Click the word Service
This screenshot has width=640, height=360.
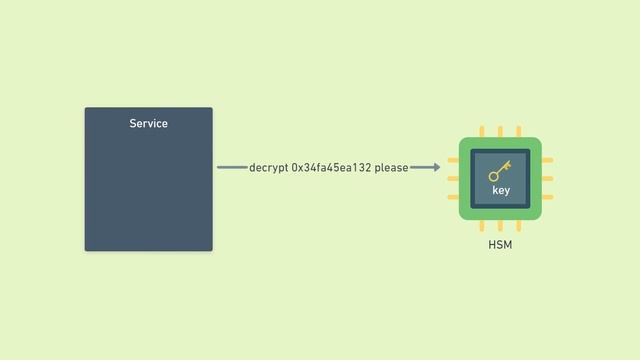148,124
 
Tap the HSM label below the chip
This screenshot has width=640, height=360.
500,245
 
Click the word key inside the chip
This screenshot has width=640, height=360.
500,190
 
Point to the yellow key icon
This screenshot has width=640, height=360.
500,171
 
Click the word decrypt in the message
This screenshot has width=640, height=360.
269,168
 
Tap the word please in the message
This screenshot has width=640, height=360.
391,168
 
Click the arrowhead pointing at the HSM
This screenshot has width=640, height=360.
436,168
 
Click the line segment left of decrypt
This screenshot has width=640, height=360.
232,168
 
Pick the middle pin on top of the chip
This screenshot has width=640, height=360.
500,131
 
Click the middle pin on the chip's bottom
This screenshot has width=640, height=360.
500,226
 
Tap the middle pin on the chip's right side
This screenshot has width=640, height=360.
547,178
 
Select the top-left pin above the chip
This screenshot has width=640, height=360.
482,131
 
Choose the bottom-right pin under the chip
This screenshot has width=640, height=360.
518,226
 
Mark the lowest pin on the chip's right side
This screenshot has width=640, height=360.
547,197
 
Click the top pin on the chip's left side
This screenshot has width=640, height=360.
453,160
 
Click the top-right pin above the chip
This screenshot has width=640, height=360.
518,131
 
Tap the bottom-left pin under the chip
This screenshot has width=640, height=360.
482,226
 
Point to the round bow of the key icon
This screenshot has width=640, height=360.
494,176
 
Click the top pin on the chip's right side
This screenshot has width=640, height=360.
547,160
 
